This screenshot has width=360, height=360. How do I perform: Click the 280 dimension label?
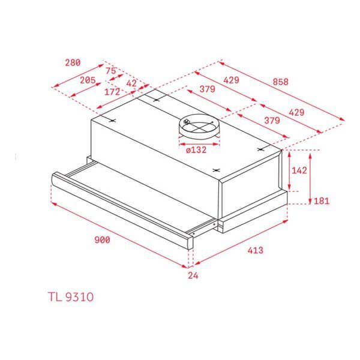(x=73, y=62)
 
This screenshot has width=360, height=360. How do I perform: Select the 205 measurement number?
(x=88, y=80)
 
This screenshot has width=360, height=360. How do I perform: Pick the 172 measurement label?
(x=113, y=92)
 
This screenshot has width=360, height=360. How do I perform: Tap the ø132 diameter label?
(x=197, y=150)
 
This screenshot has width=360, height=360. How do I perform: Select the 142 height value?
(x=298, y=170)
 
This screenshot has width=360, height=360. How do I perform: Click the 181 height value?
(x=322, y=200)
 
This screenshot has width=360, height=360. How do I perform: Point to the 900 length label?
(x=103, y=240)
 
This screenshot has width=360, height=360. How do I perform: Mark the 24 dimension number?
(x=193, y=275)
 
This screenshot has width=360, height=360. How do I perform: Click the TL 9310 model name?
(x=70, y=296)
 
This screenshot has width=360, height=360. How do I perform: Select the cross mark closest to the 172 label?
(x=112, y=120)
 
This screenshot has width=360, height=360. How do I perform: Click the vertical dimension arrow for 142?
(x=288, y=171)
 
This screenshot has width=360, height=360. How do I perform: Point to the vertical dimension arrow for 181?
(x=310, y=178)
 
